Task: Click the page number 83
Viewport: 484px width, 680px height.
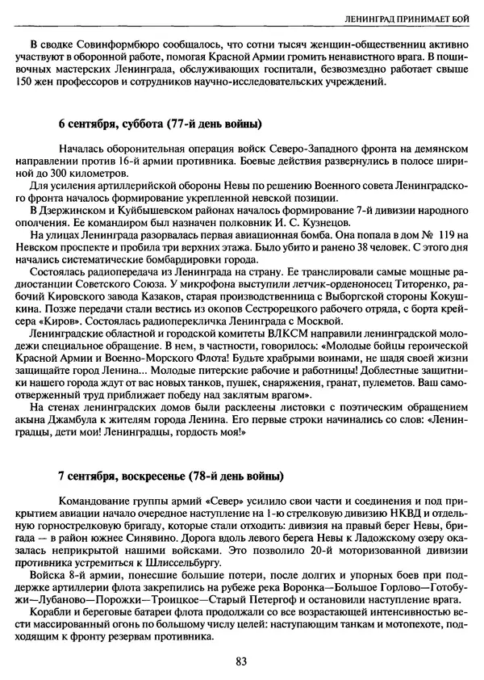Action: pos(242,661)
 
